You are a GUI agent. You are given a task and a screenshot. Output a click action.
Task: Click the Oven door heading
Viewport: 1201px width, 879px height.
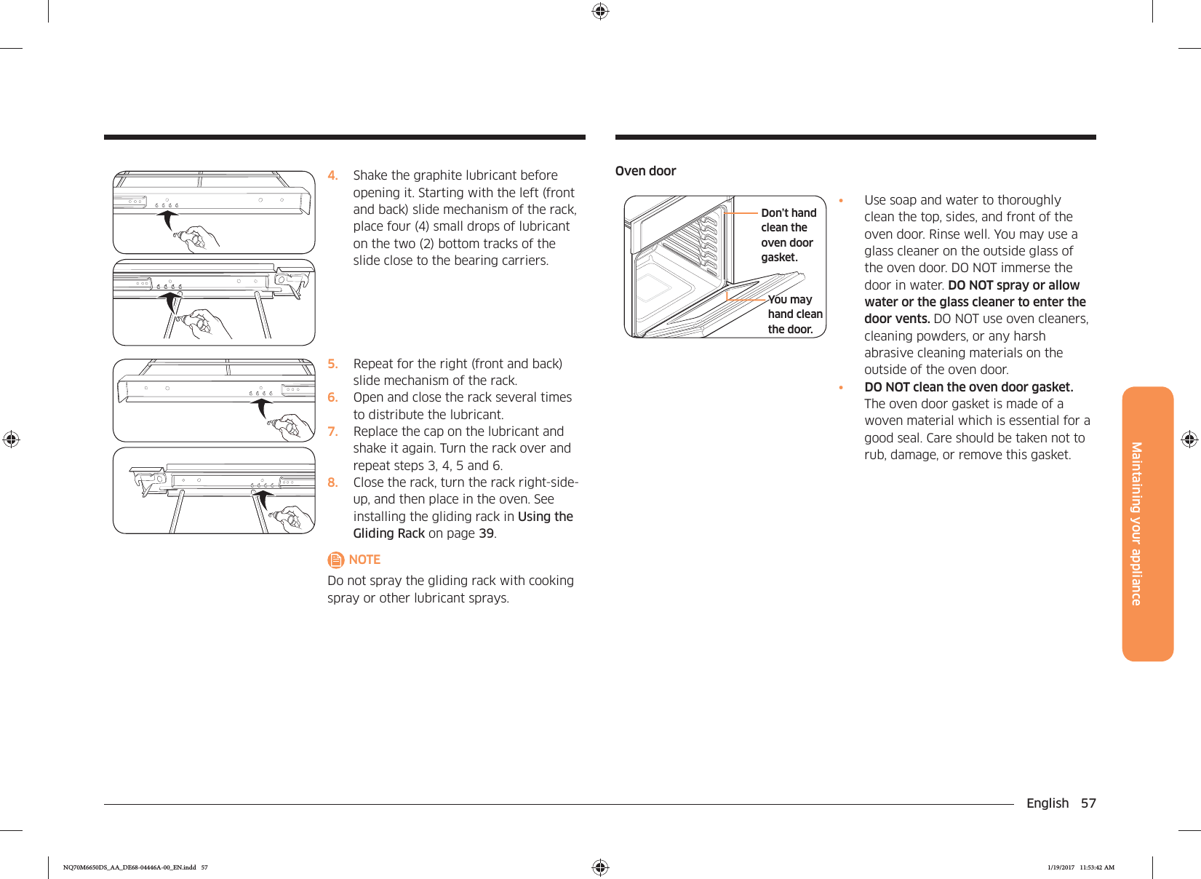pyautogui.click(x=645, y=171)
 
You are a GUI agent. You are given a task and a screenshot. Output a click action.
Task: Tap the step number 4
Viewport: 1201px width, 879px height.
pyautogui.click(x=332, y=175)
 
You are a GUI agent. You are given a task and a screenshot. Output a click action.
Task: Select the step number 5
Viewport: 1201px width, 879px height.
pyautogui.click(x=332, y=364)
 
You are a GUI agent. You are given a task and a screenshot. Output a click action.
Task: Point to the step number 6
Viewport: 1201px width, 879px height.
pyautogui.click(x=332, y=397)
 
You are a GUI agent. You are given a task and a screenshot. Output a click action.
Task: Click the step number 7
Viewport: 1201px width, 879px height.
pyautogui.click(x=332, y=431)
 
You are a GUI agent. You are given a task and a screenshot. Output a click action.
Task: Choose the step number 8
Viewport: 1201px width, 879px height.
pyautogui.click(x=332, y=482)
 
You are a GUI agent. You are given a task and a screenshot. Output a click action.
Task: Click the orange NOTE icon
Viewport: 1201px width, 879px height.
pyautogui.click(x=335, y=560)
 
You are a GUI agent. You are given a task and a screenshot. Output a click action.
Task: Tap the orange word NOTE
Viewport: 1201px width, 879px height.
pyautogui.click(x=364, y=560)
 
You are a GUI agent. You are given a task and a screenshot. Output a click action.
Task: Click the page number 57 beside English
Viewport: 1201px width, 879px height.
pyautogui.click(x=1088, y=803)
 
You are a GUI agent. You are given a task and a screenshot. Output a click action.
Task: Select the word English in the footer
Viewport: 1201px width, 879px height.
pyautogui.click(x=1047, y=803)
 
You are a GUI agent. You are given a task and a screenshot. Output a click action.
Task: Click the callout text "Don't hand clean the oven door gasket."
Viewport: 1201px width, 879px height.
pyautogui.click(x=788, y=235)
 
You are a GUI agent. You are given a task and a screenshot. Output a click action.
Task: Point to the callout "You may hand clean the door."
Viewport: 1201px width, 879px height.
pyautogui.click(x=794, y=314)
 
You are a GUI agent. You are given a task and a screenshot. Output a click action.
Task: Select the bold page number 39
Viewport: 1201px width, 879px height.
pyautogui.click(x=486, y=533)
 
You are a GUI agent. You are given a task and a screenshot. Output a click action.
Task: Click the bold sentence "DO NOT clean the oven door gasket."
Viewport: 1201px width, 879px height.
pyautogui.click(x=968, y=387)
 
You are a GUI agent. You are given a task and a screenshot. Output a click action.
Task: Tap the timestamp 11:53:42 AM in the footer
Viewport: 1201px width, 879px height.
pyautogui.click(x=1097, y=867)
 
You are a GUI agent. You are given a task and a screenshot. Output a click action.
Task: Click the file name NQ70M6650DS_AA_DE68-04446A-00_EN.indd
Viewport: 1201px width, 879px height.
pyautogui.click(x=129, y=867)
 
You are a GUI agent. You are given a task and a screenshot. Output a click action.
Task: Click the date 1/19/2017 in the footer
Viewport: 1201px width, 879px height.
pyautogui.click(x=1061, y=867)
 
